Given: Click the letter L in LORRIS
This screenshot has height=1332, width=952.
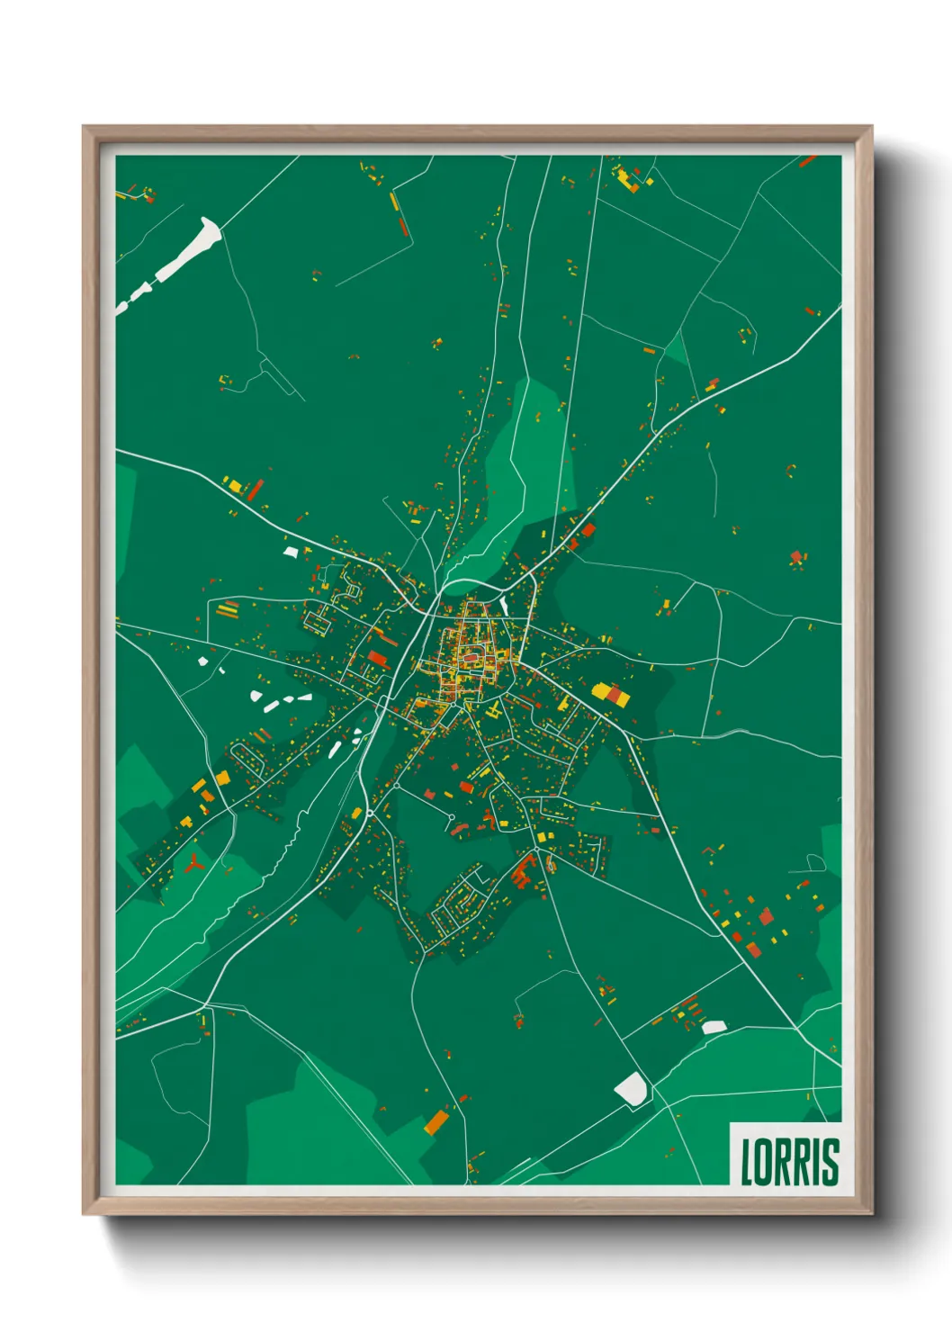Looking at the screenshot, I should coord(747,1162).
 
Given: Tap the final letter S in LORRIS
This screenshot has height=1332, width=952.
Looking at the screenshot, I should coord(831,1162).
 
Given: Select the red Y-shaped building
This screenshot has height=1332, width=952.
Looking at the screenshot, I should coord(193,865).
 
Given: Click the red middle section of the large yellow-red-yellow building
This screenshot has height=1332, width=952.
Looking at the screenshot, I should coord(614,694).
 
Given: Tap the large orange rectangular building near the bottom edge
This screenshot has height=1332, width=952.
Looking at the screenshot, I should coord(436,1121).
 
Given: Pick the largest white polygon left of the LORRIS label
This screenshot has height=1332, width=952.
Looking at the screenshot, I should coord(632,1089).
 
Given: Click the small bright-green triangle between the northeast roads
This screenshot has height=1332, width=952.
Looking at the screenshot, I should coord(677,351).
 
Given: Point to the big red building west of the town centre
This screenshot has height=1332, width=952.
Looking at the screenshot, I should coord(377,658).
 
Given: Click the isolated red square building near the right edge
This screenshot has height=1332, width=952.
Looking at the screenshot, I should coord(795,557).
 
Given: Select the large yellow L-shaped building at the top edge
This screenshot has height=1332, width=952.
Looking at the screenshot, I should coord(626,178).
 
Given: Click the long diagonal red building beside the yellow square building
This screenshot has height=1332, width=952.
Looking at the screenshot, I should coord(256,490).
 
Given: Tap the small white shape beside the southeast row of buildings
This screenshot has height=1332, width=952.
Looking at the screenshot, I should coord(714,1027).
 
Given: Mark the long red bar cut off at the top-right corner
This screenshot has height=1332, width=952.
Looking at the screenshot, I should coord(807,161).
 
